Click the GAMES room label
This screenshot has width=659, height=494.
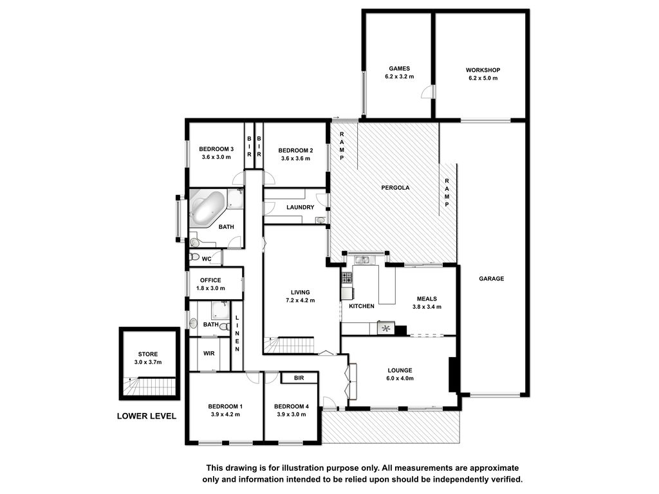[x=399, y=68]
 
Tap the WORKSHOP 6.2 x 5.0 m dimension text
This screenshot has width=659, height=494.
[x=483, y=78]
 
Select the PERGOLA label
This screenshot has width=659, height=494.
[x=395, y=188]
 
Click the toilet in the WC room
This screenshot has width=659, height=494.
[x=194, y=257]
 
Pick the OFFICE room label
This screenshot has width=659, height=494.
[x=210, y=280]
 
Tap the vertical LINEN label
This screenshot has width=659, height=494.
[x=237, y=334]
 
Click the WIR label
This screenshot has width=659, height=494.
[x=209, y=353]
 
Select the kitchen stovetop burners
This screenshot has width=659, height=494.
[x=347, y=277]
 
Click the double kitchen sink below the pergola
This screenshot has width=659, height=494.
[x=362, y=260]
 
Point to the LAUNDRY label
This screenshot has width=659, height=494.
[x=300, y=207]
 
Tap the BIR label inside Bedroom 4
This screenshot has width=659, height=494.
[x=299, y=378]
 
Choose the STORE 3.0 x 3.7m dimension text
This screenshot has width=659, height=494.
[x=148, y=362]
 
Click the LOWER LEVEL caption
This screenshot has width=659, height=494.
[x=147, y=416]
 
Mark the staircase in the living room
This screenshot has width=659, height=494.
[x=290, y=345]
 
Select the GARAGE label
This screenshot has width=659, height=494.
[x=491, y=279]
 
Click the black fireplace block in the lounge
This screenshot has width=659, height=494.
[x=453, y=375]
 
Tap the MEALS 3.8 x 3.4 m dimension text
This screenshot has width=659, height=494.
[x=427, y=307]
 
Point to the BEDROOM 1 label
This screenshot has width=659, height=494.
[x=225, y=407]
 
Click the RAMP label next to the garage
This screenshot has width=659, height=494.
[x=447, y=192]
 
